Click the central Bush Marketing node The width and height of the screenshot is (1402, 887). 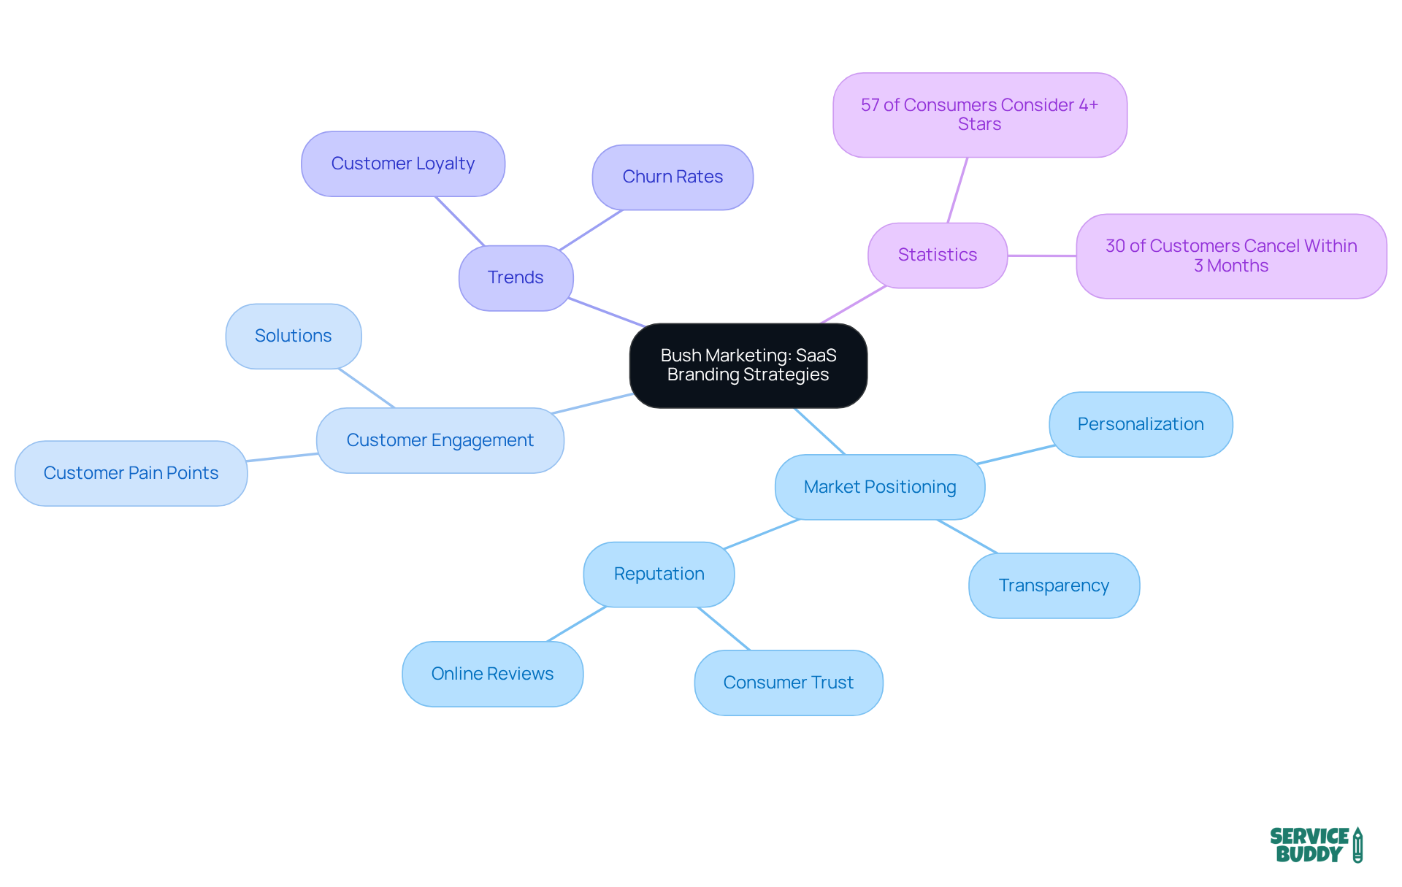pos(748,365)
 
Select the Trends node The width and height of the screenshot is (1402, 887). pos(516,277)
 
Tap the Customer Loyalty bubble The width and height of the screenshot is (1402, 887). pos(402,164)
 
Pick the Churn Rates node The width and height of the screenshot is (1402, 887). pos(672,177)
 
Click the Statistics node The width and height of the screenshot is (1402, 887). pos(937,255)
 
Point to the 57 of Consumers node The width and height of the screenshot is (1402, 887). pos(979,115)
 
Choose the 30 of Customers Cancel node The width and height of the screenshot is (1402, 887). pos(1230,256)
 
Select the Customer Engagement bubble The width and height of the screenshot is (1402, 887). pos(440,440)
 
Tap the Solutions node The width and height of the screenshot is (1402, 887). pos(293,336)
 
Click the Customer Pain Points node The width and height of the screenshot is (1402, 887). pos(131,473)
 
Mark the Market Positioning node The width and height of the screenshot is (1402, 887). pos(879,487)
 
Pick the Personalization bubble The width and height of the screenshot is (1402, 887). pos(1140,424)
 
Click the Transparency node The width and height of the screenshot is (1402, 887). pos(1053,585)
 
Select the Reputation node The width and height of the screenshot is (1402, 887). pos(659,574)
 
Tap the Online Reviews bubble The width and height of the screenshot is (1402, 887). pos(492,674)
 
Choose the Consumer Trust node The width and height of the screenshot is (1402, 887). pos(788,683)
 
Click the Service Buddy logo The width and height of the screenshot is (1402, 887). pos(1315,845)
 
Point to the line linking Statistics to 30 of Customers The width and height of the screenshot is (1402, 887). pos(1042,256)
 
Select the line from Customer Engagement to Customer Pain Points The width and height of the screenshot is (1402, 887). pos(282,457)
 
